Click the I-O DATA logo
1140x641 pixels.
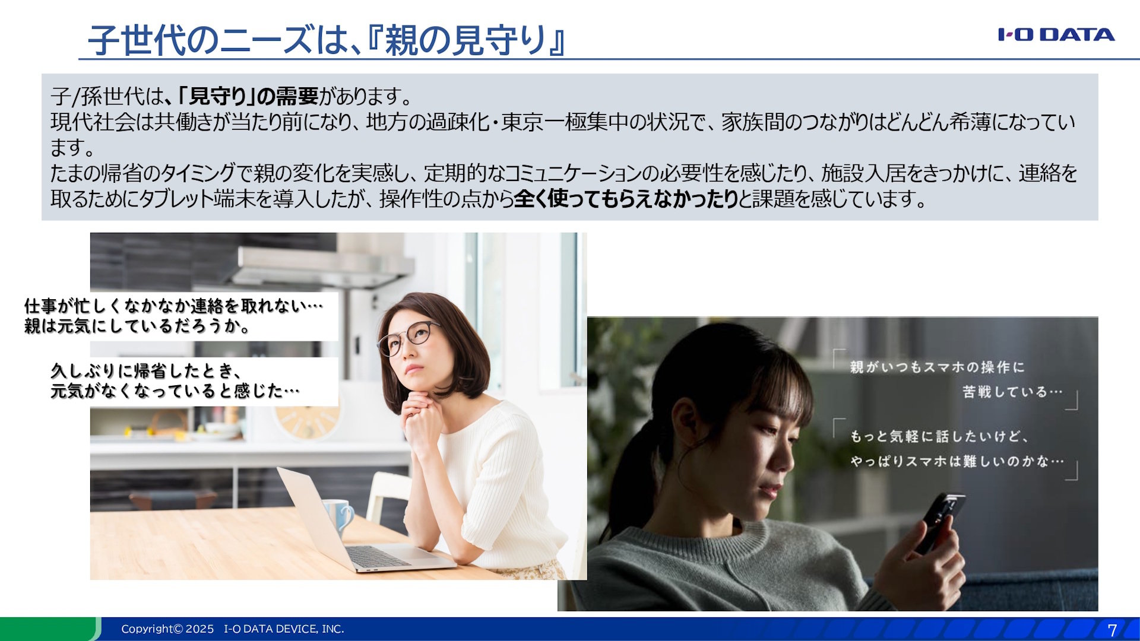(1056, 34)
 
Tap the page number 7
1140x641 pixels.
(1112, 630)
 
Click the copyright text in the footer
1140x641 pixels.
(232, 629)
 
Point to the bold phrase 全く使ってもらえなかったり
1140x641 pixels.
(626, 199)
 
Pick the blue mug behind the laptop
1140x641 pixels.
(340, 515)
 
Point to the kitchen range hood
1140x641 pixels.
(321, 267)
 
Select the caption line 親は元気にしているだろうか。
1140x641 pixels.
(137, 326)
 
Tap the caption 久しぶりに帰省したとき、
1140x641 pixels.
(146, 371)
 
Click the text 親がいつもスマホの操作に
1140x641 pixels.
(937, 367)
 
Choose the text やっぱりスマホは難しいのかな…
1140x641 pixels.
(957, 461)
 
